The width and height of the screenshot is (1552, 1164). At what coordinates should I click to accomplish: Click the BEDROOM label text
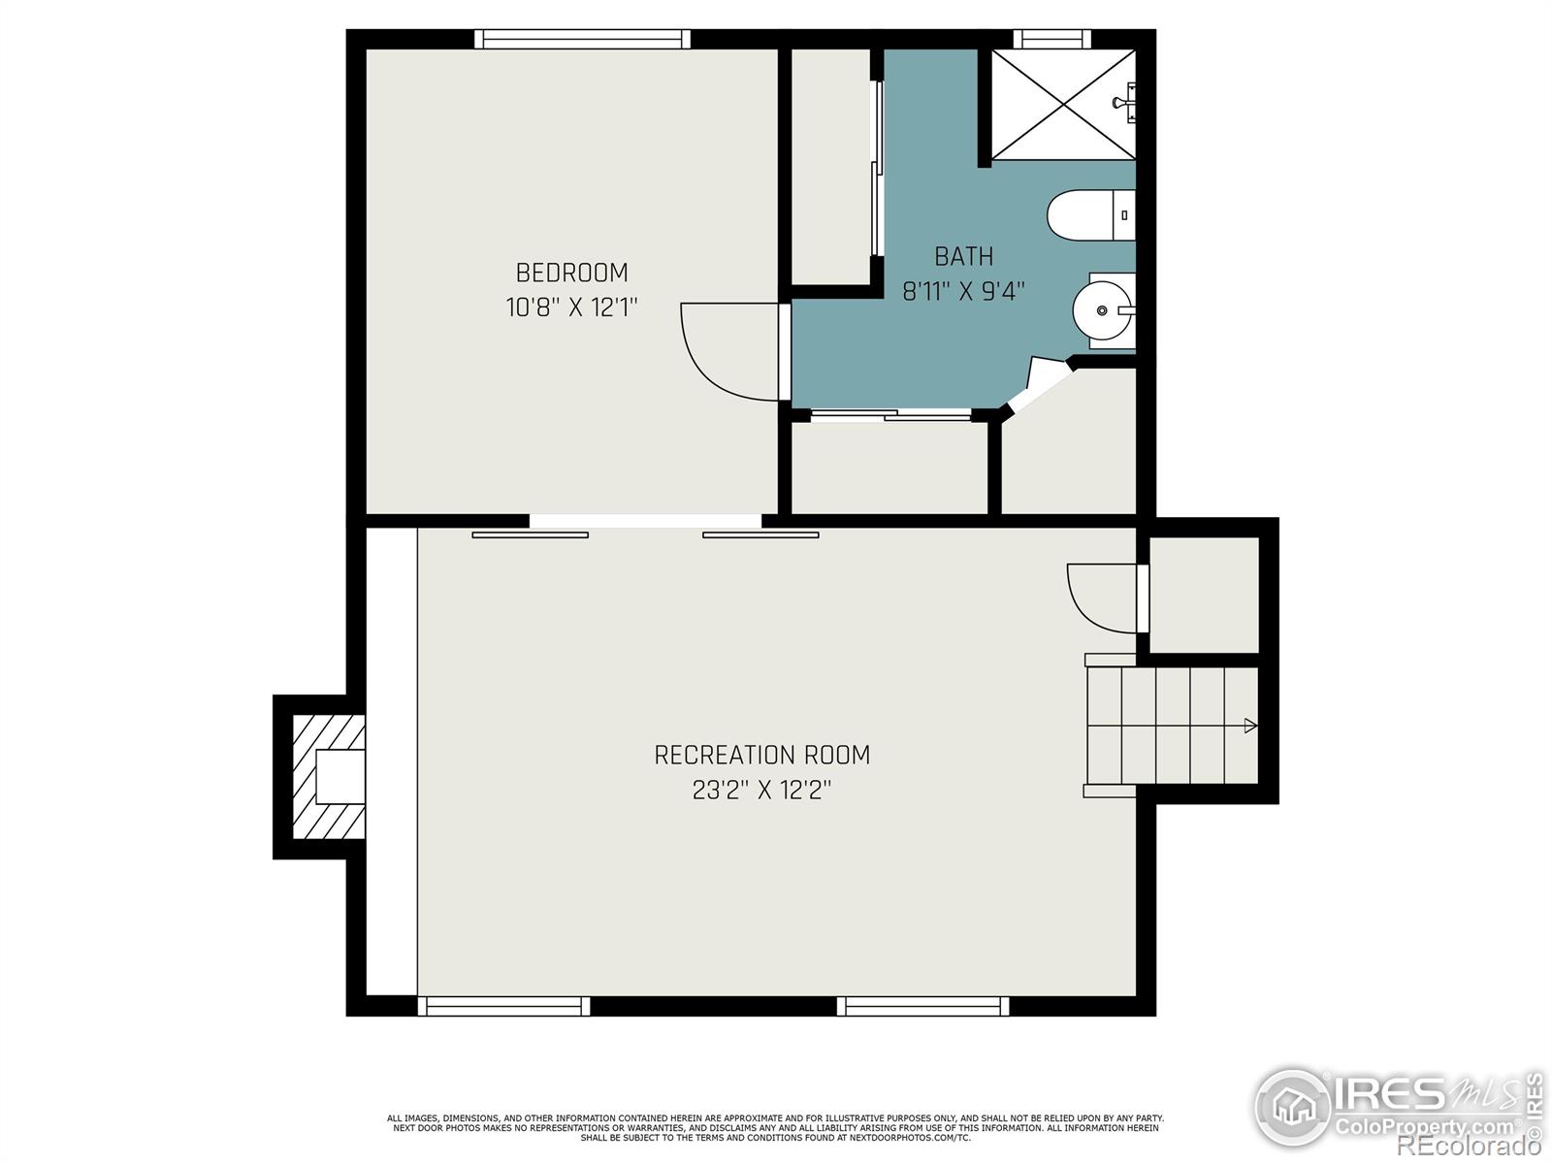pos(571,273)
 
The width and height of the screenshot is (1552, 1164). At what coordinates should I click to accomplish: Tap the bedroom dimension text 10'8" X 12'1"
pos(571,308)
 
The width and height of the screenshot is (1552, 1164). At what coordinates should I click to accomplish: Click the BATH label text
pos(963,256)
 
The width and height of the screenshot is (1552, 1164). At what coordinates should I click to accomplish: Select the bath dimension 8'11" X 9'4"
pos(963,291)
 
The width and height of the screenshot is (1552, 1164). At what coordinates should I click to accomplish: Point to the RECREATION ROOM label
pos(761,755)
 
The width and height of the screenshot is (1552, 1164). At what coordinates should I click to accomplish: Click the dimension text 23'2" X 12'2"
pos(761,791)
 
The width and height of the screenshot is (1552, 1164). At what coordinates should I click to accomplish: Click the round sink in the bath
pos(1102,310)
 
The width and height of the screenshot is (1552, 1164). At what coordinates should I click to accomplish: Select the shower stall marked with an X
pos(1062,103)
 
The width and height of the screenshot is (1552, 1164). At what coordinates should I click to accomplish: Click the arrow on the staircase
pos(1250,726)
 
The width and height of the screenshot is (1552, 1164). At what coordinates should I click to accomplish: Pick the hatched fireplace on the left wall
pos(328,777)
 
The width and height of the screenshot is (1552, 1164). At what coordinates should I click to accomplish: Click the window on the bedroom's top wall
pos(582,39)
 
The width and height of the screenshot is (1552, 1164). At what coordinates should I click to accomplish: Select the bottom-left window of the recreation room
pos(503,1007)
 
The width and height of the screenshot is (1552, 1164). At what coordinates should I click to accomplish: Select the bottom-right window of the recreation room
pos(922,1007)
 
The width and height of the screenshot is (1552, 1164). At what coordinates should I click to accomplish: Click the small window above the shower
pos(1051,39)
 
